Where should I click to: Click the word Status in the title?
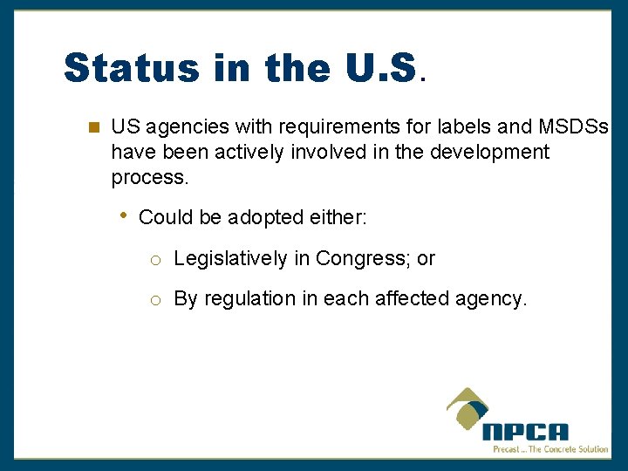[131, 67]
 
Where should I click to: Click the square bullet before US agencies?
[93, 127]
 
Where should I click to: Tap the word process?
[148, 178]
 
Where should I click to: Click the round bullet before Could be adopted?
[125, 215]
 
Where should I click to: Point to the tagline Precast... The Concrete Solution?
[550, 449]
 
